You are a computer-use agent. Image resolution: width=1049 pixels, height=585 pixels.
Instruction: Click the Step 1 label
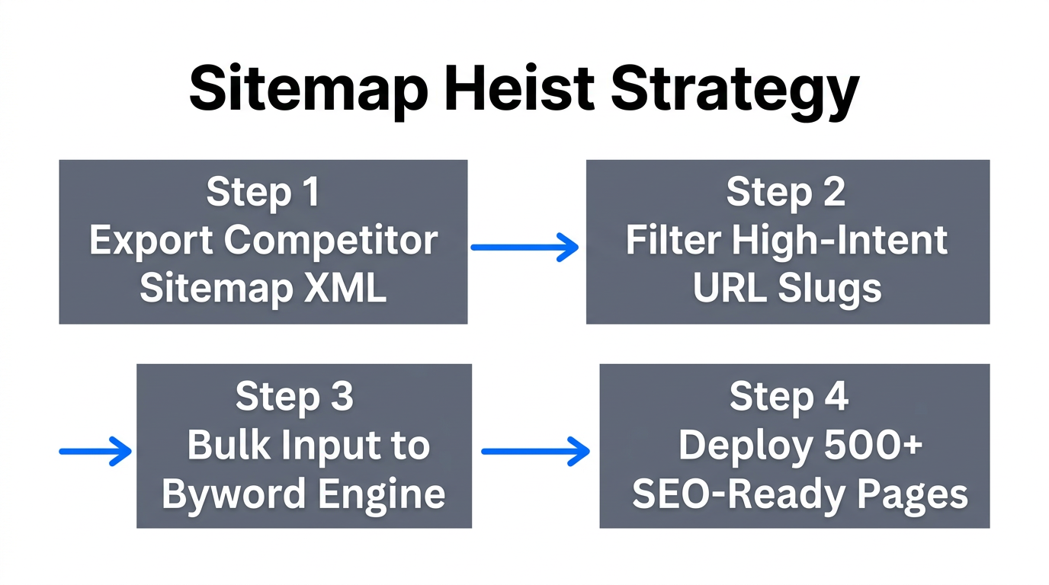click(262, 193)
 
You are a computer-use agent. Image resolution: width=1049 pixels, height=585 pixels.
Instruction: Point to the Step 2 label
click(786, 192)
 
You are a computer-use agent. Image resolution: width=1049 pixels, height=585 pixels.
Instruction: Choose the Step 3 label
click(294, 397)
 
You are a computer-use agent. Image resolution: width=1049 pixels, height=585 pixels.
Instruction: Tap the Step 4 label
click(788, 397)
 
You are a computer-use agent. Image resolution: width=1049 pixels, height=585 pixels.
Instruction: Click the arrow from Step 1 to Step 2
click(524, 247)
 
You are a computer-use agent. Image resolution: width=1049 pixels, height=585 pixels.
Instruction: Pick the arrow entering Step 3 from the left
click(95, 451)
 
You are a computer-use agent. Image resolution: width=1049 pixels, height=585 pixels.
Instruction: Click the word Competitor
click(331, 241)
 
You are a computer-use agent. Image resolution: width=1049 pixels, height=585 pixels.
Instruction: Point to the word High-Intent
click(840, 241)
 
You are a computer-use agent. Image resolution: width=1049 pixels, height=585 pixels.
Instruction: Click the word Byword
click(229, 495)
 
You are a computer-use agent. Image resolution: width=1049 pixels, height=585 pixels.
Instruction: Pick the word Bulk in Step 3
click(222, 446)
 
